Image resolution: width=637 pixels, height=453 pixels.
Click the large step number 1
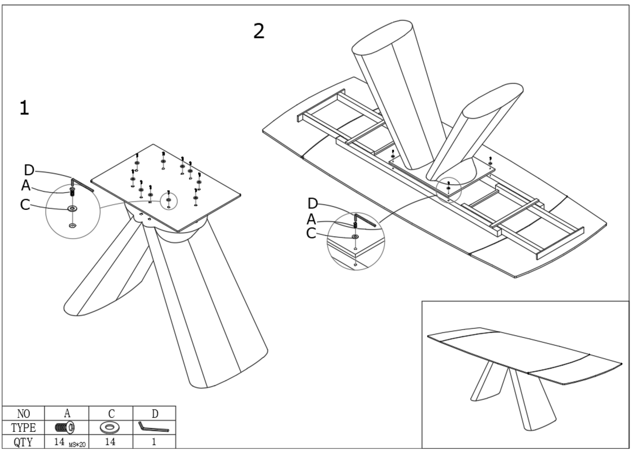click(x=24, y=108)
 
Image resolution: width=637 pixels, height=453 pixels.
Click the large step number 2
click(x=259, y=31)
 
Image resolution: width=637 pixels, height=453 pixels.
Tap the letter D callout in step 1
click(x=30, y=170)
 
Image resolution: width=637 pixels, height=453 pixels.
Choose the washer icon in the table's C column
click(x=110, y=427)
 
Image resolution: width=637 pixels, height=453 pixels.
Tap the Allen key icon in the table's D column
click(x=153, y=426)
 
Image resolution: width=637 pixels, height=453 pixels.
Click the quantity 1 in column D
click(x=153, y=441)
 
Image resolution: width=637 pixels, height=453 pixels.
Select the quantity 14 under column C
click(x=110, y=441)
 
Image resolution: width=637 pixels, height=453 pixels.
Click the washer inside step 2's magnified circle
click(x=355, y=236)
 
